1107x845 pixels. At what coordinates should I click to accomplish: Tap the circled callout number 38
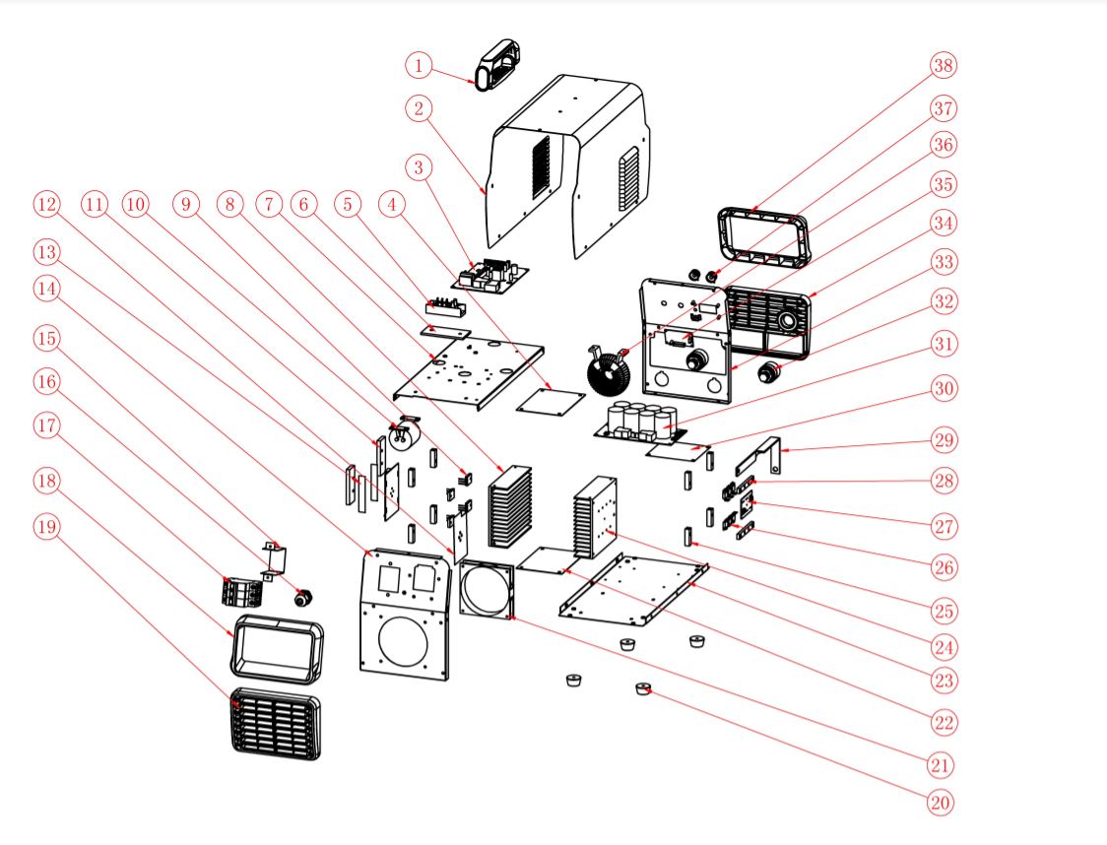click(x=943, y=66)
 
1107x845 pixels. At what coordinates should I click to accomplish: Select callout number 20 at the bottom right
click(x=941, y=802)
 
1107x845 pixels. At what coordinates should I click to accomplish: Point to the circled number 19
click(x=46, y=527)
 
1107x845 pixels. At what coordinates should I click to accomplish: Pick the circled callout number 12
click(x=46, y=204)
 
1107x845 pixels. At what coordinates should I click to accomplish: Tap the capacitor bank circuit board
click(x=641, y=423)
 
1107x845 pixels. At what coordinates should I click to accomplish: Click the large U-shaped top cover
click(x=571, y=167)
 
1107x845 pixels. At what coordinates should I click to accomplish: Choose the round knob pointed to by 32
click(x=770, y=372)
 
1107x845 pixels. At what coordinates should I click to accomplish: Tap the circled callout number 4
click(x=394, y=204)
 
